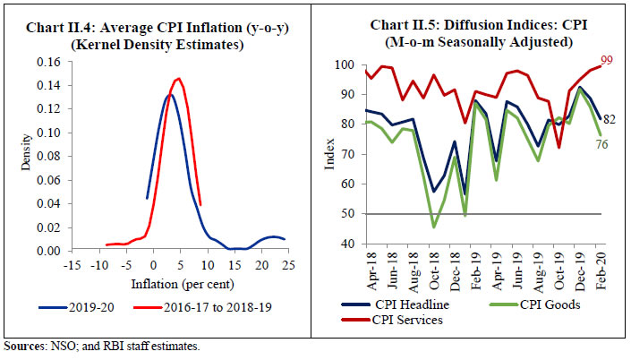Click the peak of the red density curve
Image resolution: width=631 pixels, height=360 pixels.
[178, 78]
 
